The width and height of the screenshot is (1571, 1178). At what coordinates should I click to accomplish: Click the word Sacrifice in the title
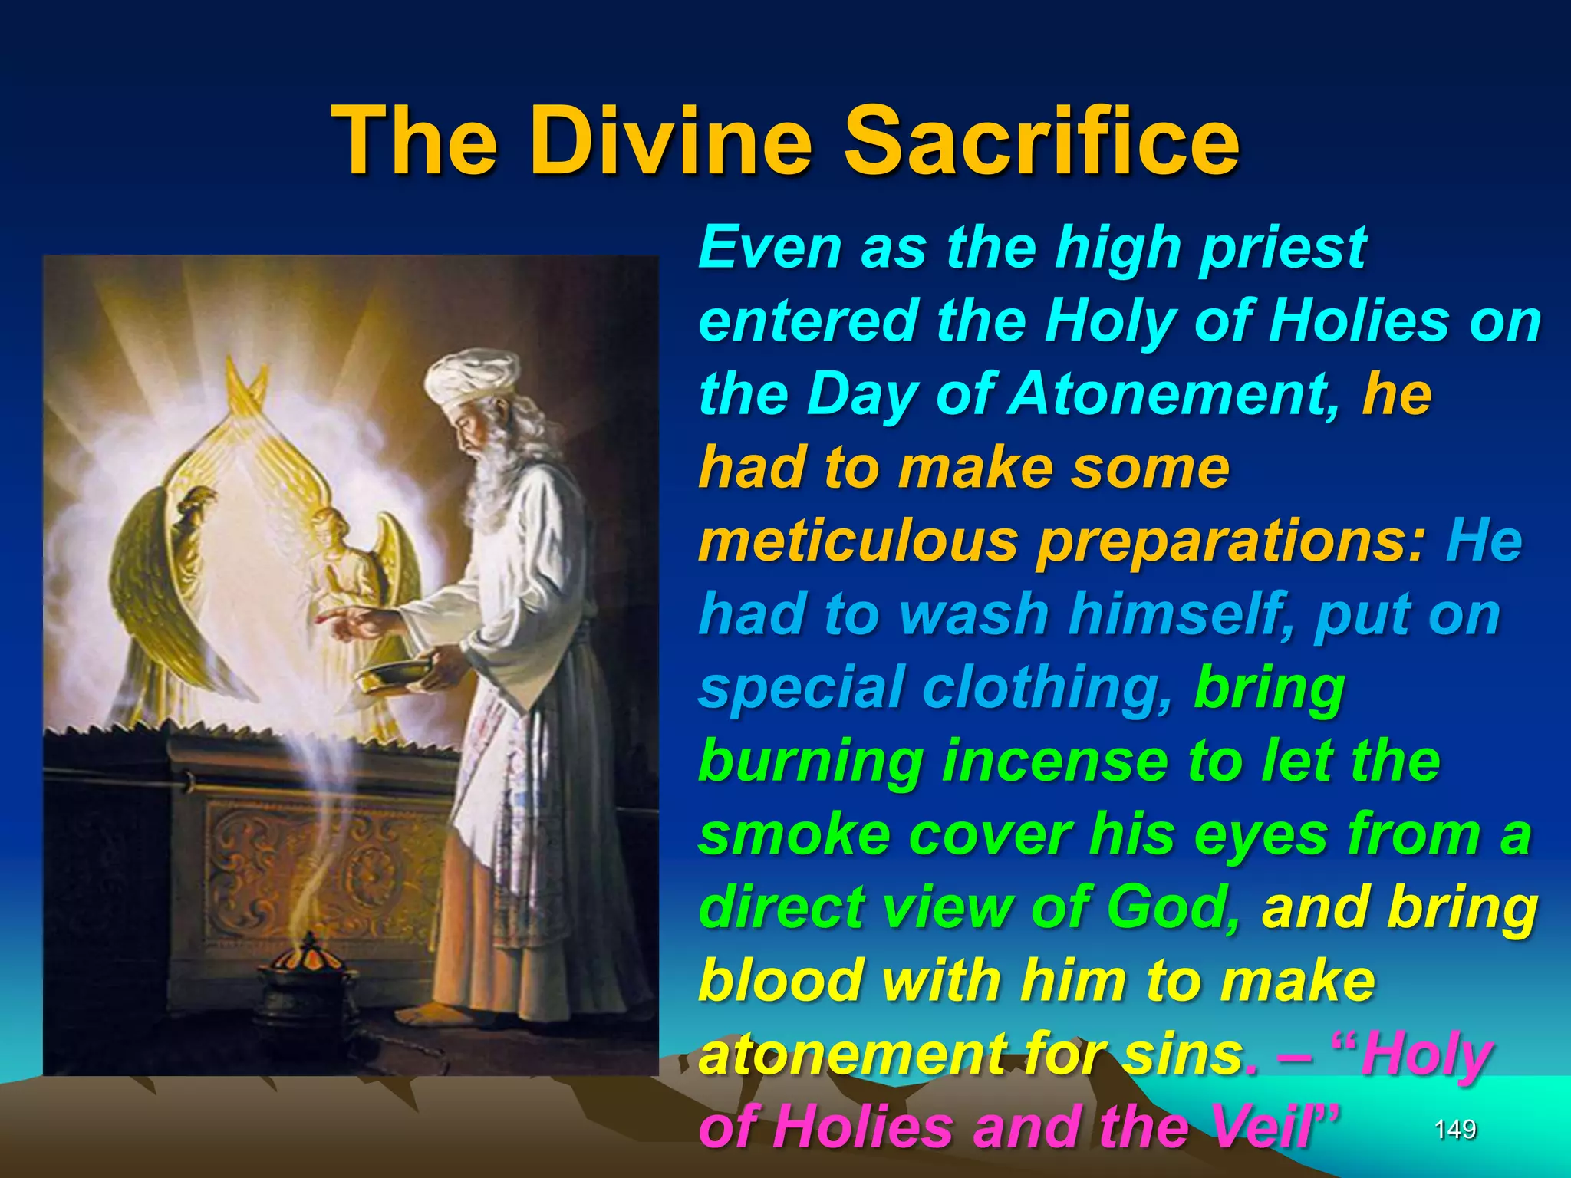(x=1041, y=142)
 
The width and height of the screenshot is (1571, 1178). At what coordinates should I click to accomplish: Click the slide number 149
(x=1454, y=1129)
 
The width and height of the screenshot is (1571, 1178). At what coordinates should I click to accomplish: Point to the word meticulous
(x=860, y=541)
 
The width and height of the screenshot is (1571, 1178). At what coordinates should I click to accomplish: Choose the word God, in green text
(x=1174, y=907)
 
